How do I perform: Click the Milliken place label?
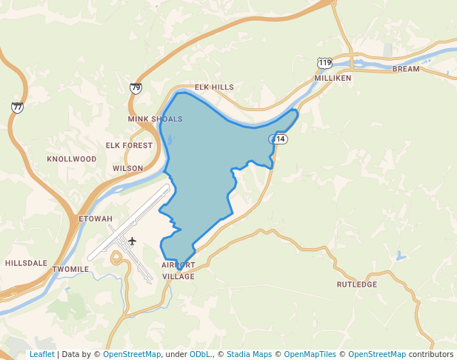tap(333, 78)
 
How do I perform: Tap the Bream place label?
tap(405, 69)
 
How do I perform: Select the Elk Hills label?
tap(214, 87)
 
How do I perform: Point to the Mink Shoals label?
tap(155, 119)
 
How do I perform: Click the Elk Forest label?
tap(129, 146)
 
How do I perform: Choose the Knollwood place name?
tap(72, 159)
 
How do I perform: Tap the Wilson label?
tap(128, 169)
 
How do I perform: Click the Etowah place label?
tap(96, 219)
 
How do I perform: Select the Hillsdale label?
tap(26, 263)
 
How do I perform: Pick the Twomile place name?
tap(71, 269)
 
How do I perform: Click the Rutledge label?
tap(357, 284)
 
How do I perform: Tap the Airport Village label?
tap(179, 270)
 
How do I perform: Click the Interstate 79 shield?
tap(136, 88)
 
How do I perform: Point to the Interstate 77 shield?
tap(17, 107)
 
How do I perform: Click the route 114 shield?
tap(278, 139)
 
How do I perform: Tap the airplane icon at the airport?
tap(133, 241)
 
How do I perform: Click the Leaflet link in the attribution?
tap(41, 354)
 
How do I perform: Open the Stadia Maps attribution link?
tap(249, 354)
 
